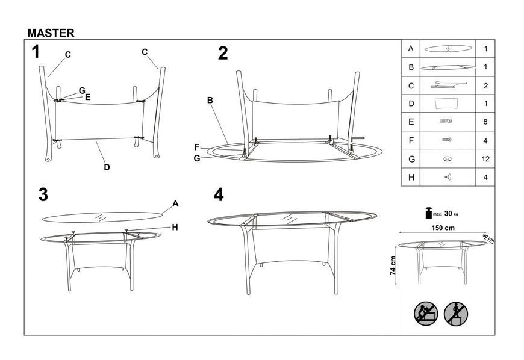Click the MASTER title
point(51,33)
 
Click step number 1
point(36,52)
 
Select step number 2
point(223,53)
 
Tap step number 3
point(43,194)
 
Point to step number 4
point(219,194)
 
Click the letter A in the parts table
point(411,48)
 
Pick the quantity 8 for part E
point(485,122)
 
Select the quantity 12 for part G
point(485,158)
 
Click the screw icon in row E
point(446,121)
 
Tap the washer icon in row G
point(447,159)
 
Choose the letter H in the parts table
point(411,178)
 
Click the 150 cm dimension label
point(443,228)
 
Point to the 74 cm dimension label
point(393,265)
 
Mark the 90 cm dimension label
point(488,238)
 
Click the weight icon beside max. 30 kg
point(428,213)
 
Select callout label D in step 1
point(107,167)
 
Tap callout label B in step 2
point(210,100)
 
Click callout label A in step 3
point(175,203)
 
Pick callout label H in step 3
point(175,228)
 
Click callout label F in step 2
point(197,147)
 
